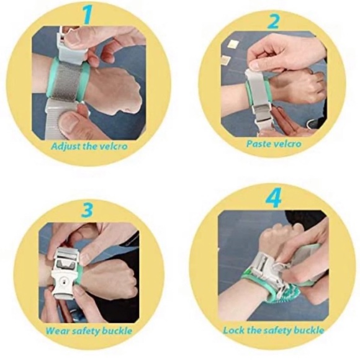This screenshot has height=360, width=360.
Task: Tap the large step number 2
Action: pyautogui.click(x=274, y=21)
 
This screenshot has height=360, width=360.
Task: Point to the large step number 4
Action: pyautogui.click(x=274, y=198)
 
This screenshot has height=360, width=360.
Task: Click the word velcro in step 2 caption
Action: pyautogui.click(x=287, y=144)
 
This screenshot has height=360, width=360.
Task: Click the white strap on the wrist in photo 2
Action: pyautogui.click(x=257, y=93)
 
